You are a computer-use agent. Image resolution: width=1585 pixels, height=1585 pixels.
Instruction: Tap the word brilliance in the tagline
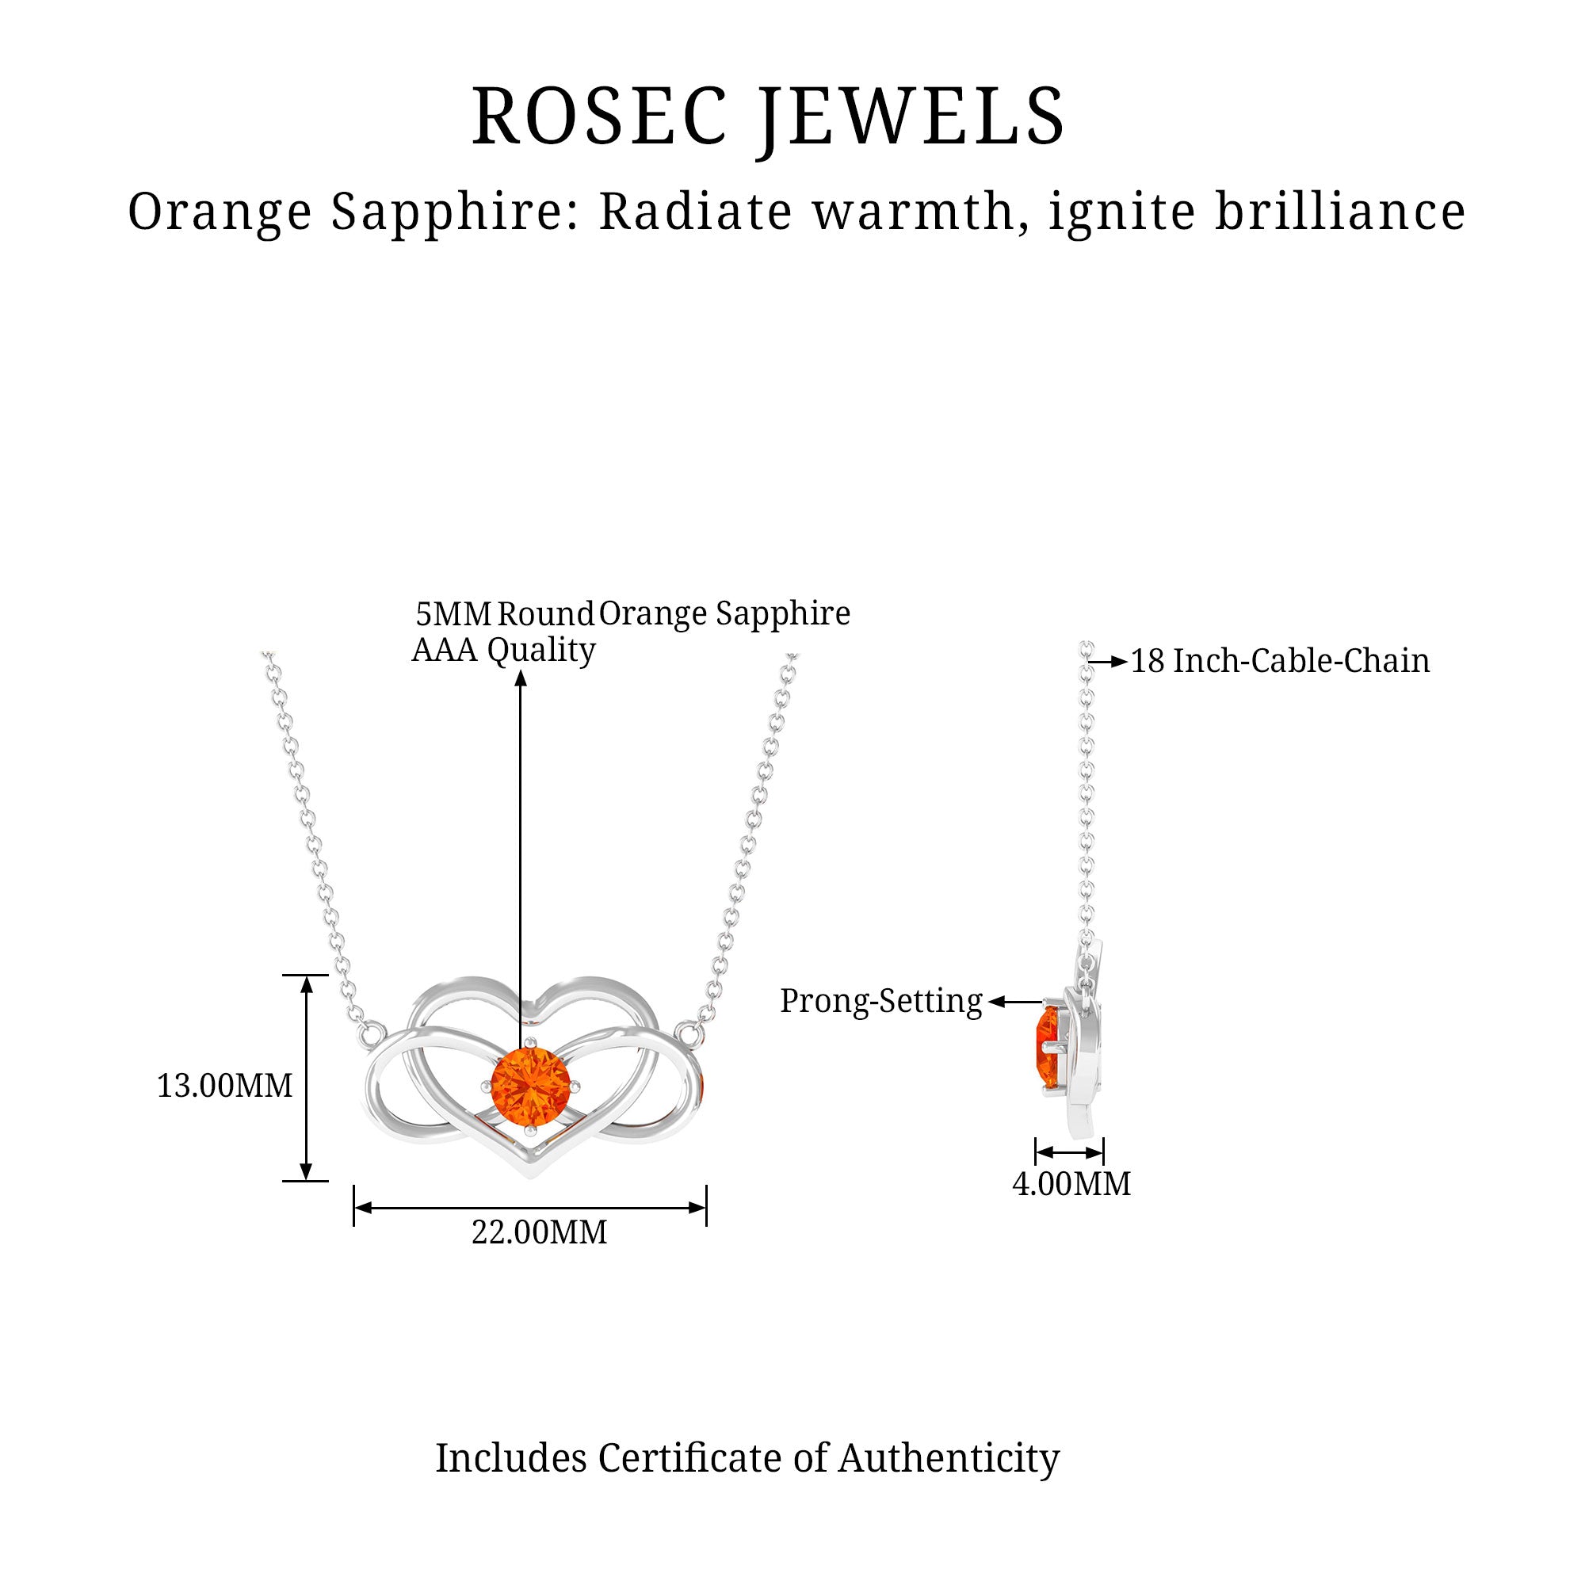click(x=1339, y=212)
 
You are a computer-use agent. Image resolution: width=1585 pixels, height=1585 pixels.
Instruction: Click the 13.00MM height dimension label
click(x=225, y=1087)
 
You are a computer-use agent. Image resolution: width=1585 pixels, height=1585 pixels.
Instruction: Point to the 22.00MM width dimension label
click(x=539, y=1232)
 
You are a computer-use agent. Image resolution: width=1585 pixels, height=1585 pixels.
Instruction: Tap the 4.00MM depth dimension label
click(x=1071, y=1184)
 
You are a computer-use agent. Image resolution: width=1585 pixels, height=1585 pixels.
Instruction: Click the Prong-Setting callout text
click(x=881, y=1002)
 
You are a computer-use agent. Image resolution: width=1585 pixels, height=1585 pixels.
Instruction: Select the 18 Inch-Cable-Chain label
click(x=1280, y=661)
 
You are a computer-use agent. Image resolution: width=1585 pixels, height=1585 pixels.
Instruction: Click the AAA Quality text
click(x=504, y=650)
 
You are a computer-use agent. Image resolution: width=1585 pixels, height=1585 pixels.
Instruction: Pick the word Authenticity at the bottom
click(x=949, y=1459)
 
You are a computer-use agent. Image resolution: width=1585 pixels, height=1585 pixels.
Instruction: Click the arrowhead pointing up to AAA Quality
click(x=520, y=678)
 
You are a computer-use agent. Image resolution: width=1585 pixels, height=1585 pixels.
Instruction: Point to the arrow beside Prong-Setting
click(x=1015, y=1002)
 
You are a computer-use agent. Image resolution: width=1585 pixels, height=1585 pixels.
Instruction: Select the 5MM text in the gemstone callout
click(x=453, y=613)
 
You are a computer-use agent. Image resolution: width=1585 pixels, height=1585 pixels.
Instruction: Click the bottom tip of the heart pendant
click(x=530, y=1174)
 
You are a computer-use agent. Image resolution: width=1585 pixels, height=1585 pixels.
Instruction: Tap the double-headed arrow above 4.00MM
click(x=1069, y=1152)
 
